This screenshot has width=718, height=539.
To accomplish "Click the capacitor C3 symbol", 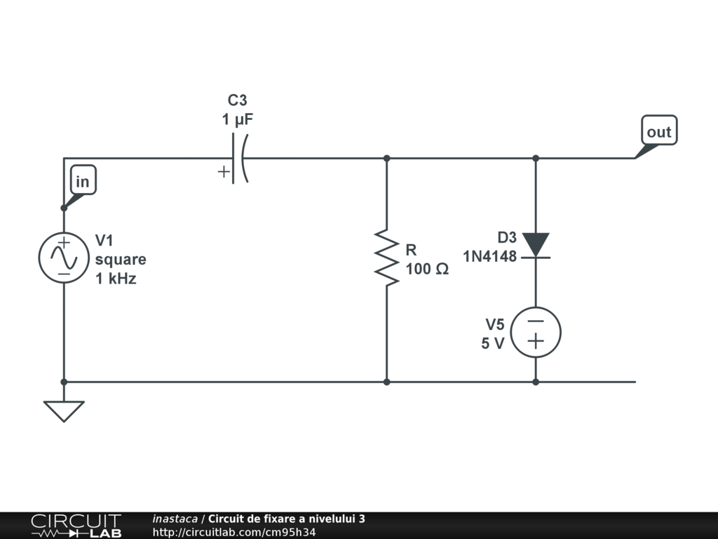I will point(239,159).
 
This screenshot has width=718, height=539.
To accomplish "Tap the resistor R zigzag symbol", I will point(386,256).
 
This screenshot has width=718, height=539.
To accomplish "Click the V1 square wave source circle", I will point(64,258).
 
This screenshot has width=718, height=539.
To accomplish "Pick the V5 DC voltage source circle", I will point(536,333).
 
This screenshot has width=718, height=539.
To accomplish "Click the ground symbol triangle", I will point(64,410).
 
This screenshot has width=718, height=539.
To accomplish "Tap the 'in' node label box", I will point(83,182).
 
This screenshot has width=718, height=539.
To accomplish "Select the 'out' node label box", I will point(659,131).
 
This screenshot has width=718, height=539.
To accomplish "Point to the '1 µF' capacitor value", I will point(238,120).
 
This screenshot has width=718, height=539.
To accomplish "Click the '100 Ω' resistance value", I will point(427,269).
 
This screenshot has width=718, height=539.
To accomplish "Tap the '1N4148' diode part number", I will point(489,257).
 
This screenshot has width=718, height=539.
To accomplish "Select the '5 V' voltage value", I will point(493,344).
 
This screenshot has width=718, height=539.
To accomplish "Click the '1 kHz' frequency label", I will point(116,278).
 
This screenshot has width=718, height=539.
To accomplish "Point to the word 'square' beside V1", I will point(121,259).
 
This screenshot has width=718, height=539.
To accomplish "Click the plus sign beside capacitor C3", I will point(224,171).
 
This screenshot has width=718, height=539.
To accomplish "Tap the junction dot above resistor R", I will point(386,159).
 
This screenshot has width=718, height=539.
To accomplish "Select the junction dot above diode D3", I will point(536,159).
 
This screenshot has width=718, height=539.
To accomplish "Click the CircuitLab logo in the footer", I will point(76,526).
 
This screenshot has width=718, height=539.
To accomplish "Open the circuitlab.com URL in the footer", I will point(234,532).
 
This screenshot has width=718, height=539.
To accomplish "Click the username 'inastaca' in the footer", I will point(175,519).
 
